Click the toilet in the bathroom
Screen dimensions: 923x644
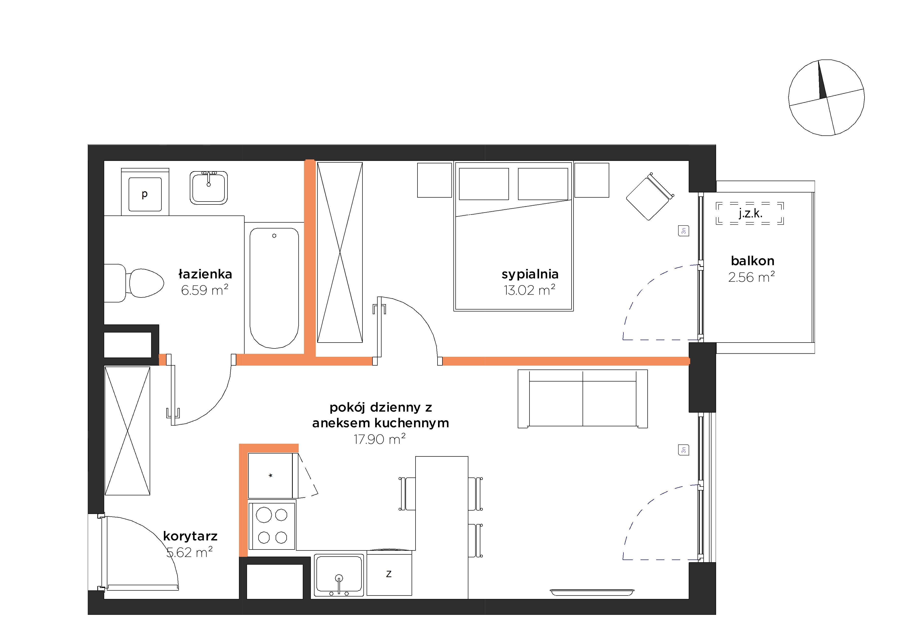[134, 283]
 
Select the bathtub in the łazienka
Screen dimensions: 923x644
[274, 288]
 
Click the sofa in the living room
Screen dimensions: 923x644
[583, 398]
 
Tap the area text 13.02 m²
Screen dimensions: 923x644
[529, 290]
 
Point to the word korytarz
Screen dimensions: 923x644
[190, 536]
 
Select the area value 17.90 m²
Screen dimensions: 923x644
[380, 439]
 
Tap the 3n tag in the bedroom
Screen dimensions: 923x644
[683, 231]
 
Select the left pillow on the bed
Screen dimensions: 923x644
[484, 184]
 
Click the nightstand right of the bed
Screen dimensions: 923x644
[592, 180]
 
